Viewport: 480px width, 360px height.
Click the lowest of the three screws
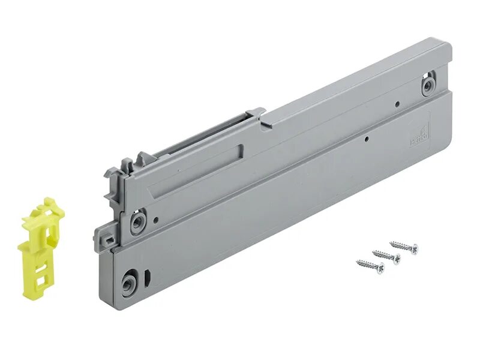tap(370, 265)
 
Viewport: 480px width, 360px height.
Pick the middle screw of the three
tap(386, 256)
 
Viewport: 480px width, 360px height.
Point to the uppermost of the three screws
tap(403, 247)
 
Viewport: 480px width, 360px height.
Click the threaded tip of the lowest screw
tap(359, 262)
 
